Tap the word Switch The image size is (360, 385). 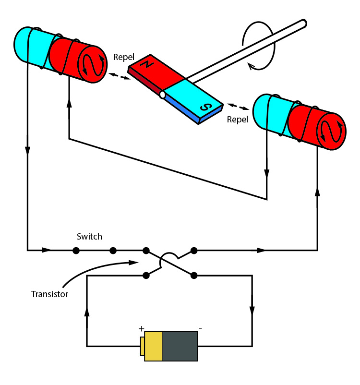(89, 237)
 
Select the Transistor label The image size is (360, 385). (49, 294)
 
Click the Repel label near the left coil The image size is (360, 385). (123, 57)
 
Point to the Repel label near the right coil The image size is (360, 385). (237, 120)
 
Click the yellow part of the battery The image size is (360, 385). (153, 346)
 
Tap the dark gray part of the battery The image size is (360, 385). (180, 346)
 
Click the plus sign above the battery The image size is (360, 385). (142, 329)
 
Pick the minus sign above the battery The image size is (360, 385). (200, 328)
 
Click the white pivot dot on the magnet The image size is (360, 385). (163, 95)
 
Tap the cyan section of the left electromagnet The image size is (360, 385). (31, 46)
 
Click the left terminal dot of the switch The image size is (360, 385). (75, 250)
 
